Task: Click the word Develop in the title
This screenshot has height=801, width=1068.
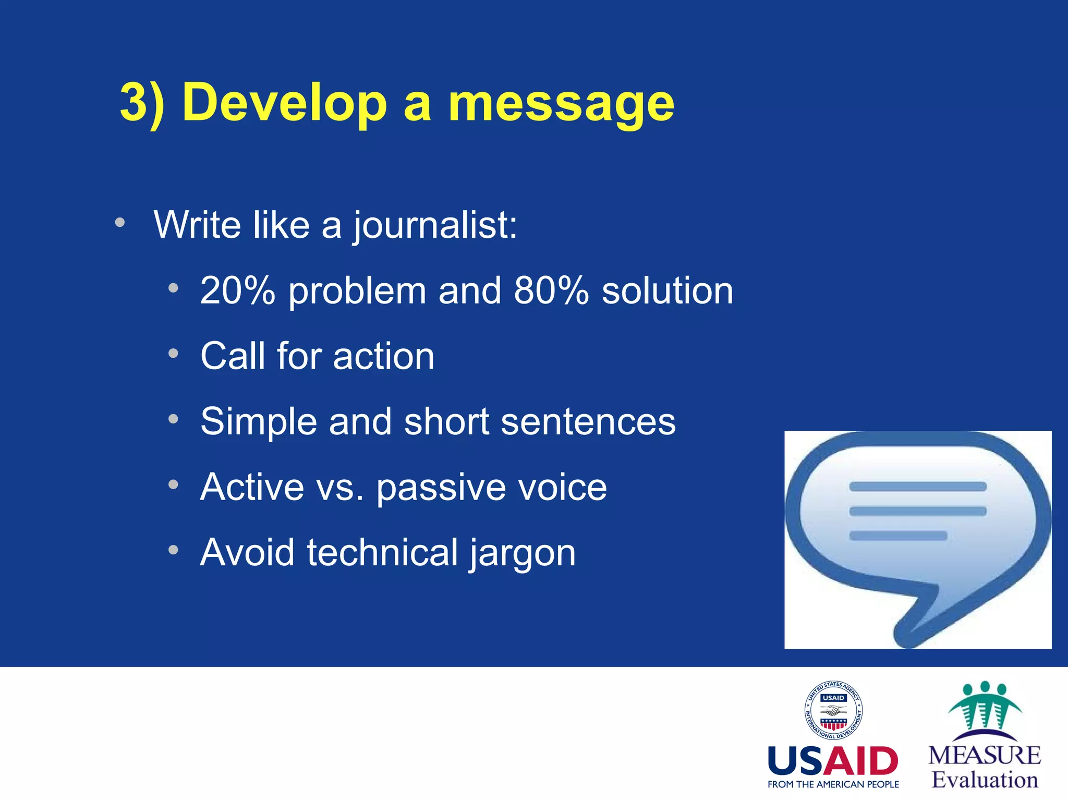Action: tap(284, 103)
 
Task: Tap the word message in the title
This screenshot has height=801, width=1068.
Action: tap(561, 103)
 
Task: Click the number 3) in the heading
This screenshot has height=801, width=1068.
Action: tap(142, 103)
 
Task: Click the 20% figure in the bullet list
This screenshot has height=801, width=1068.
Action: tap(237, 290)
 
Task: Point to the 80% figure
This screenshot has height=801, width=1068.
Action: tap(551, 290)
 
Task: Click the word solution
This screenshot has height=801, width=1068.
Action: tap(667, 290)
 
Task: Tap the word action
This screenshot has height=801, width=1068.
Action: tap(383, 356)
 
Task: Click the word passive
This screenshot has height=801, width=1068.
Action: tap(441, 488)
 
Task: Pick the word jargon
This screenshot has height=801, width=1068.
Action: tap(523, 553)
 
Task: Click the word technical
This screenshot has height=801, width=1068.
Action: tap(382, 552)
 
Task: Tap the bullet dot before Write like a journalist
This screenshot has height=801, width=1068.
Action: tap(120, 223)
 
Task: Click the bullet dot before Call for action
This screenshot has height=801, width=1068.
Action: tap(173, 354)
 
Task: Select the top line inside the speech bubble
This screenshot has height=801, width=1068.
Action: tap(918, 487)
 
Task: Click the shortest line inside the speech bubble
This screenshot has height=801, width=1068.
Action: tap(898, 536)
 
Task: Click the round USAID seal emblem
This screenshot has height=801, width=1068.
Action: tap(833, 710)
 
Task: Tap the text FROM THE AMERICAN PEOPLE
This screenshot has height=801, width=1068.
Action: tap(833, 784)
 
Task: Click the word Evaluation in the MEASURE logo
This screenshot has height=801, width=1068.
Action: tap(985, 780)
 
